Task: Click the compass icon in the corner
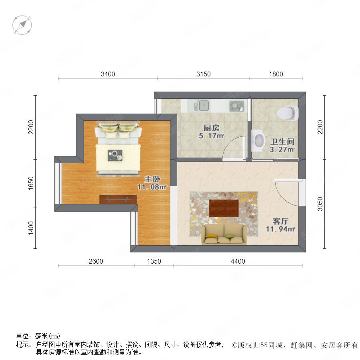point(22,25)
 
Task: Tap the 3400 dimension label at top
point(108,74)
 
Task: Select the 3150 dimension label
point(204,74)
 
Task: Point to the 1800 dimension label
point(276,74)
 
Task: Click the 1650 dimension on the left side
point(31,183)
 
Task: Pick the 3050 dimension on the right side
point(320,204)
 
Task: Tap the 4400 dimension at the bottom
point(238,261)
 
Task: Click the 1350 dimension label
point(154,261)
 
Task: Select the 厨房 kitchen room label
point(211,128)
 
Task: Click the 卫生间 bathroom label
point(282,142)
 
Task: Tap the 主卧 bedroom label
point(152,179)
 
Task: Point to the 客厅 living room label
point(280,221)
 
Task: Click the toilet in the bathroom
point(288,113)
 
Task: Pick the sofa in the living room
point(224,234)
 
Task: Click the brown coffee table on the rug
point(224,208)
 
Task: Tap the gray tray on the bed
point(115,156)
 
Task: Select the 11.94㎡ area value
point(280,229)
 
